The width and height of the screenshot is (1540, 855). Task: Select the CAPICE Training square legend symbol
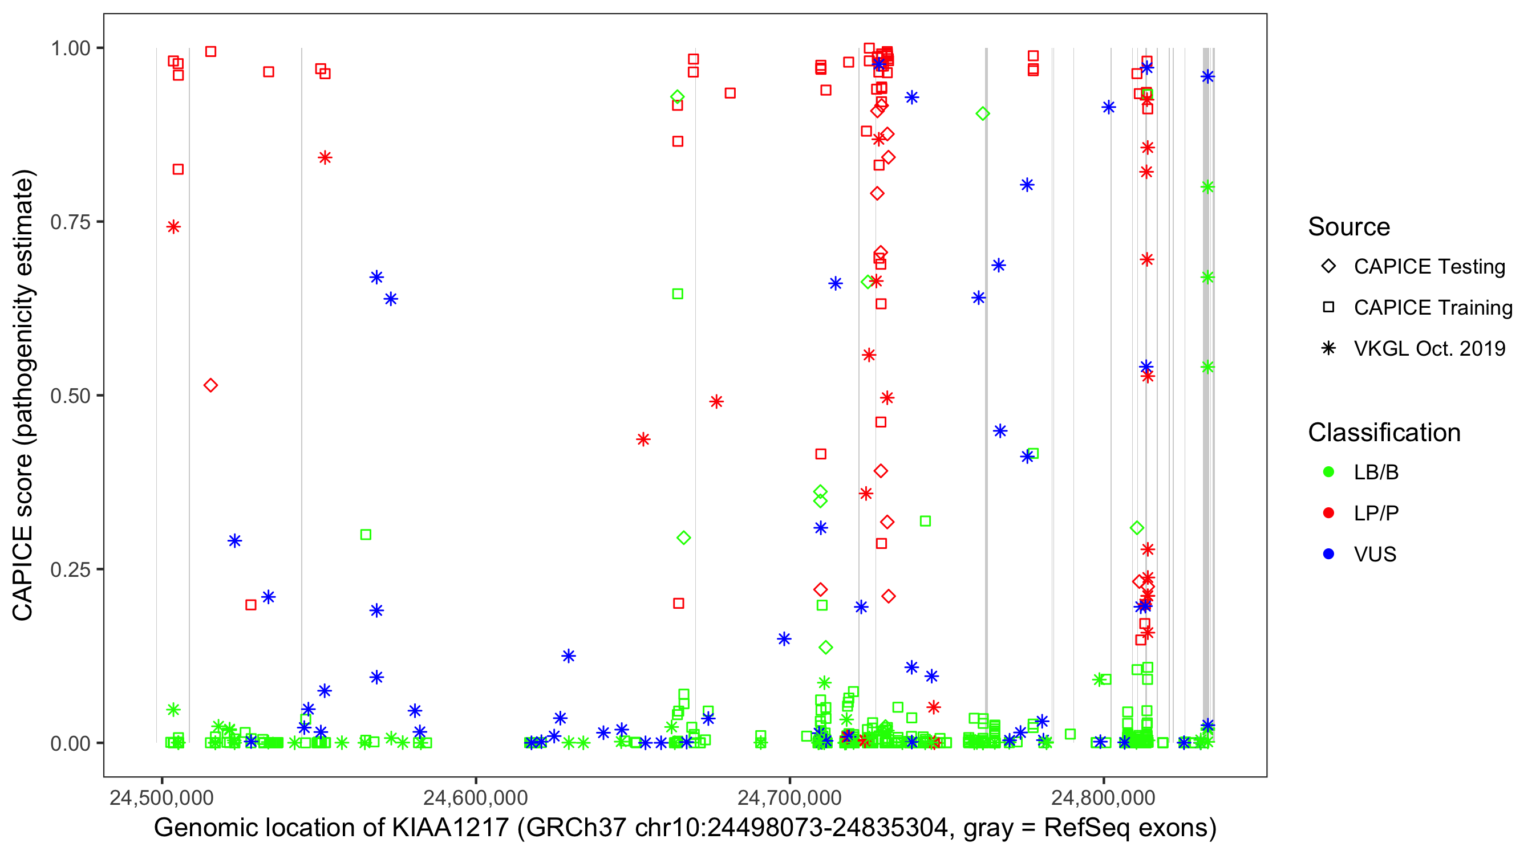(x=1328, y=307)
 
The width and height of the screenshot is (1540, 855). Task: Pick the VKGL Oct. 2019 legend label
(x=1429, y=348)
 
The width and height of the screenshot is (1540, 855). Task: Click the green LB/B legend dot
(x=1328, y=472)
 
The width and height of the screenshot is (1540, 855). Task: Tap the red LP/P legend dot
(x=1328, y=513)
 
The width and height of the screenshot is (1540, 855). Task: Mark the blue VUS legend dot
(x=1328, y=554)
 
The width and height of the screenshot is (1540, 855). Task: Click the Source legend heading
(x=1349, y=226)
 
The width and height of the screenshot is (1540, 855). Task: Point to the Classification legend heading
(x=1384, y=433)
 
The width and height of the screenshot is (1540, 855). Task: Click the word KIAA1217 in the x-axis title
(x=449, y=828)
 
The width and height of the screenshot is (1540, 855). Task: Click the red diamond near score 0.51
(x=210, y=385)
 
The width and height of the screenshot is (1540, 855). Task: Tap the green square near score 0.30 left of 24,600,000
(x=366, y=534)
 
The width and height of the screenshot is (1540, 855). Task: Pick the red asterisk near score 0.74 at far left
(x=173, y=226)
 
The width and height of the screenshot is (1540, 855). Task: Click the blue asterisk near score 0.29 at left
(x=234, y=541)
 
